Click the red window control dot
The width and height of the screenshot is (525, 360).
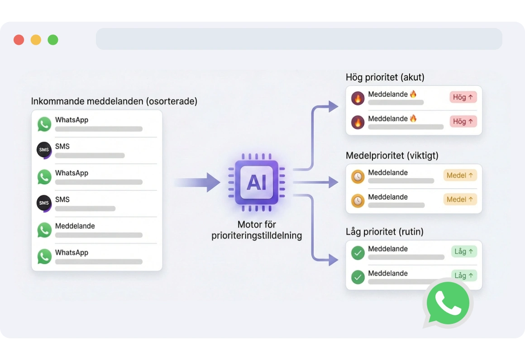click(x=19, y=40)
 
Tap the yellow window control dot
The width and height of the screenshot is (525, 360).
click(x=36, y=40)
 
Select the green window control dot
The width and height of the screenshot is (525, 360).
click(x=53, y=40)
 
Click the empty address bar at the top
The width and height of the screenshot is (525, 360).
click(x=299, y=39)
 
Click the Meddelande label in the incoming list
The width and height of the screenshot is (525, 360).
click(x=75, y=226)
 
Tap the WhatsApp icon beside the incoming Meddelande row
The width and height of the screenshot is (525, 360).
click(x=44, y=230)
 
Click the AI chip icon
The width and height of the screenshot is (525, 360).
click(x=257, y=183)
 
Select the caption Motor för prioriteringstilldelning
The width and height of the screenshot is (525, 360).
click(x=257, y=230)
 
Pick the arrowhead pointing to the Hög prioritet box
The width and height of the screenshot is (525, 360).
click(x=333, y=107)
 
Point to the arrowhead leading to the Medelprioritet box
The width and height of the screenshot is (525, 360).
click(x=333, y=182)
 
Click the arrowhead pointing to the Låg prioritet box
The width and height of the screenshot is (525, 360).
click(x=333, y=260)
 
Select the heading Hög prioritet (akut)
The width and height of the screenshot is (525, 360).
click(x=385, y=77)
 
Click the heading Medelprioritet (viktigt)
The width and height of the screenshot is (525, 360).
click(x=392, y=156)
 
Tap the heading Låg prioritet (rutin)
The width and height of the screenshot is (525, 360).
click(x=384, y=232)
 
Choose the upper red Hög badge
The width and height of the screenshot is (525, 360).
click(x=463, y=97)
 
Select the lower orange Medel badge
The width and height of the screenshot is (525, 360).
click(x=460, y=199)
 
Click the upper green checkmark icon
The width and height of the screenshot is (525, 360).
click(x=358, y=253)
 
